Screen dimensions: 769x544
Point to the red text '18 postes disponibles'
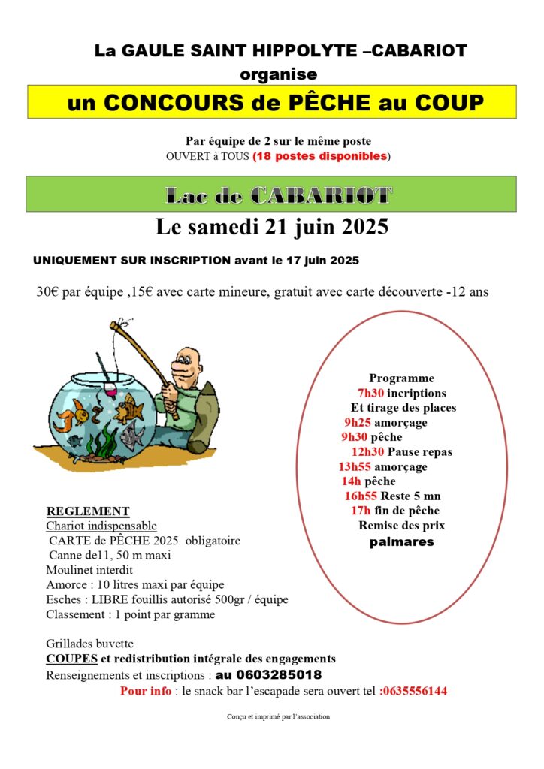[x=321, y=156]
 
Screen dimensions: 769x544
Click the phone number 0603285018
[x=268, y=674]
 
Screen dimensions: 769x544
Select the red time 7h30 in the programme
[x=370, y=394]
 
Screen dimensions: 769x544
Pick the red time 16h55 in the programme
[x=361, y=496]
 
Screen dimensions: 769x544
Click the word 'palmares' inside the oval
[x=401, y=541]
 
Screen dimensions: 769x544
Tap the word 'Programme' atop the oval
[x=401, y=378]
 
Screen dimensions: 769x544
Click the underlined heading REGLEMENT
[x=88, y=511]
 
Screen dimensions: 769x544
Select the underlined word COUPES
[x=71, y=659]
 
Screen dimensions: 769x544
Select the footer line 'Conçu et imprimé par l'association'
[x=278, y=717]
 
